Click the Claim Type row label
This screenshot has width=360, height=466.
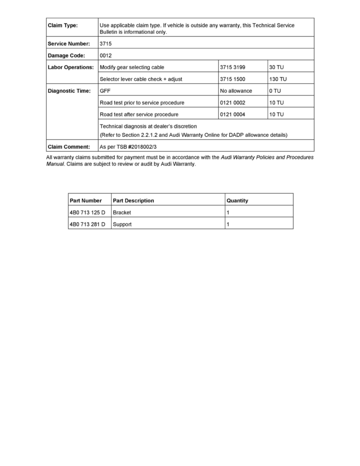coord(63,25)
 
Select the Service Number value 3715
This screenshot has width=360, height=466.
coord(105,44)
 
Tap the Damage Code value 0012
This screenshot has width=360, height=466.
coord(105,55)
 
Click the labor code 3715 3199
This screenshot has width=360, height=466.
coord(233,67)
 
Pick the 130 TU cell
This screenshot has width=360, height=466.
coord(278,79)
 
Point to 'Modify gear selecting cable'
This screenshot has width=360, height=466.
coord(132,67)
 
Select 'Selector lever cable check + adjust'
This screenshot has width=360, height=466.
coord(141,79)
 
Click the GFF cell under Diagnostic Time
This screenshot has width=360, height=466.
coord(105,91)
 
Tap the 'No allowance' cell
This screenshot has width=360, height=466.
coord(236,91)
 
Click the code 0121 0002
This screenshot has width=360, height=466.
coord(233,102)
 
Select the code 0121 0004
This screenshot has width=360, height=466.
coord(233,114)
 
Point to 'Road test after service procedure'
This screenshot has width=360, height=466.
coord(139,114)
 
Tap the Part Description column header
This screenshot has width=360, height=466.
coord(133,200)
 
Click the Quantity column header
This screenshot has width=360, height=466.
coord(237,200)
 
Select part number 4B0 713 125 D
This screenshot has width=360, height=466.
coord(87,212)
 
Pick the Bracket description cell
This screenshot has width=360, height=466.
coord(122,212)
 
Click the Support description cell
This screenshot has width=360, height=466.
coord(122,224)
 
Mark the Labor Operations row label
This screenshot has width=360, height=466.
coord(71,67)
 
